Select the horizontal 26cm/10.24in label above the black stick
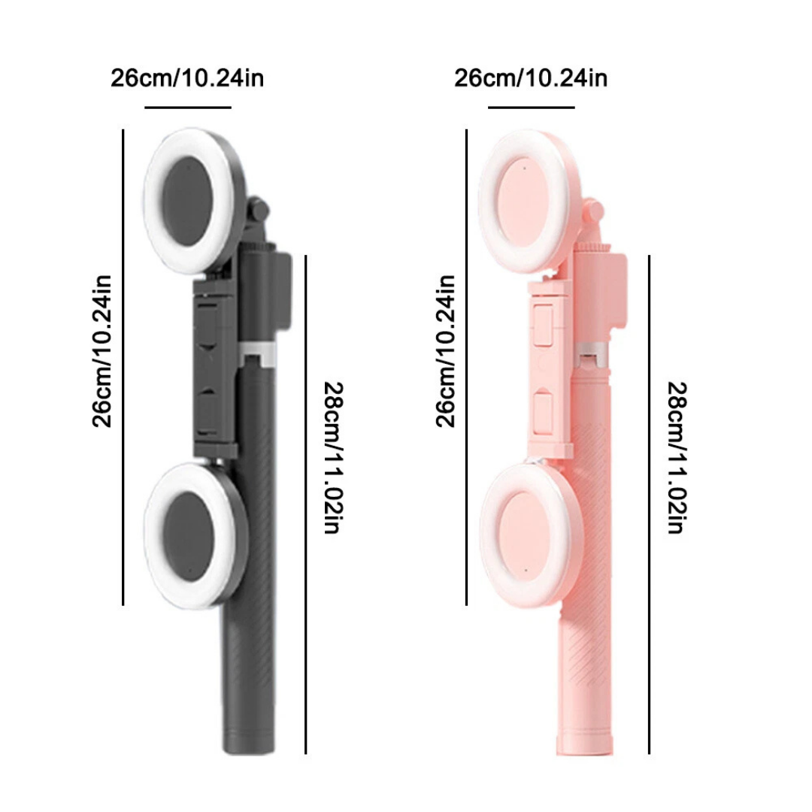pos(187,78)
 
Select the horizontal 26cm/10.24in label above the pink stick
pos(531,78)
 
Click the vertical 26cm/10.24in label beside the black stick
pos(102,350)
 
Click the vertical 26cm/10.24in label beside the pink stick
pos(446,350)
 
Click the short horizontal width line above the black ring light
pos(187,108)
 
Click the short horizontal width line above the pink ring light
pos(531,108)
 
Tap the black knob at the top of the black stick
pos(258,211)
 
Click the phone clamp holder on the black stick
pos(216,368)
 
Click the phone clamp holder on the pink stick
pos(550,368)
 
